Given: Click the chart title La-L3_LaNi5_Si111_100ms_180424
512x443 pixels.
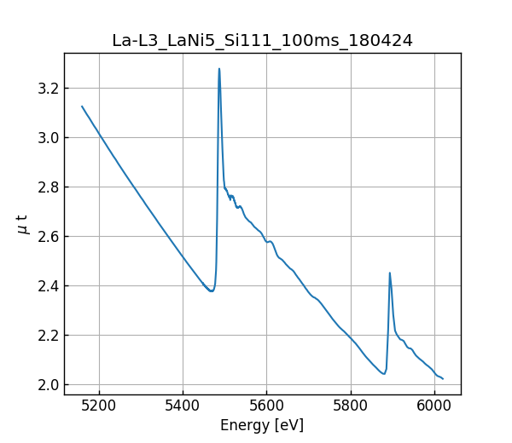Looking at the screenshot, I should tap(262, 40).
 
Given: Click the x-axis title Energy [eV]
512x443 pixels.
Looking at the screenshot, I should tap(262, 425).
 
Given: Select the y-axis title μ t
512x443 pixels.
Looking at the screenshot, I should tap(22, 223).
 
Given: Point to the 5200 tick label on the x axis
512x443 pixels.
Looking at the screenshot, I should tap(99, 407).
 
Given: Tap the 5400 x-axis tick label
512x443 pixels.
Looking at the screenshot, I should tap(183, 407).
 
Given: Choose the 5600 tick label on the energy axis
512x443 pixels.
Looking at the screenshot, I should tap(266, 407).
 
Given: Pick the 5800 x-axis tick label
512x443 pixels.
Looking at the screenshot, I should tap(350, 407).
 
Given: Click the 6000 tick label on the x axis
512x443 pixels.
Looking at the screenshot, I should tap(433, 407).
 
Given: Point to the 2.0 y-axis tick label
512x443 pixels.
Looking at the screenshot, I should tap(48, 385).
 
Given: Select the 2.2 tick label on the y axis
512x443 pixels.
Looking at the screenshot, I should tap(48, 336).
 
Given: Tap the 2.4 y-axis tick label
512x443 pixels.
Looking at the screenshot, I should tap(48, 286).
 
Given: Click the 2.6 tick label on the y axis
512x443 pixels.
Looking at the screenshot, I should tap(48, 237).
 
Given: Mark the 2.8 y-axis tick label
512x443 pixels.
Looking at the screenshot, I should tap(48, 187).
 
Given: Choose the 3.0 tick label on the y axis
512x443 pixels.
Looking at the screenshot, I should tap(48, 138).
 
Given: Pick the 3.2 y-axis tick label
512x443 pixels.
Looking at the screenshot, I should tap(48, 89).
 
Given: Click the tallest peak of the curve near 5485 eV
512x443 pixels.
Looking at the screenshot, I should tap(219, 69).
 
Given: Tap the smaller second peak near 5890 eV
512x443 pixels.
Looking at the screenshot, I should tap(390, 273).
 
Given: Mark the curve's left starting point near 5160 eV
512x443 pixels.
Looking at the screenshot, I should tap(82, 106).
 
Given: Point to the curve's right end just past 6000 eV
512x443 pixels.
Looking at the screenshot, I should tap(443, 378).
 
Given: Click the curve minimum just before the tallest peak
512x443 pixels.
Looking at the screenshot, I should tap(211, 291).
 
